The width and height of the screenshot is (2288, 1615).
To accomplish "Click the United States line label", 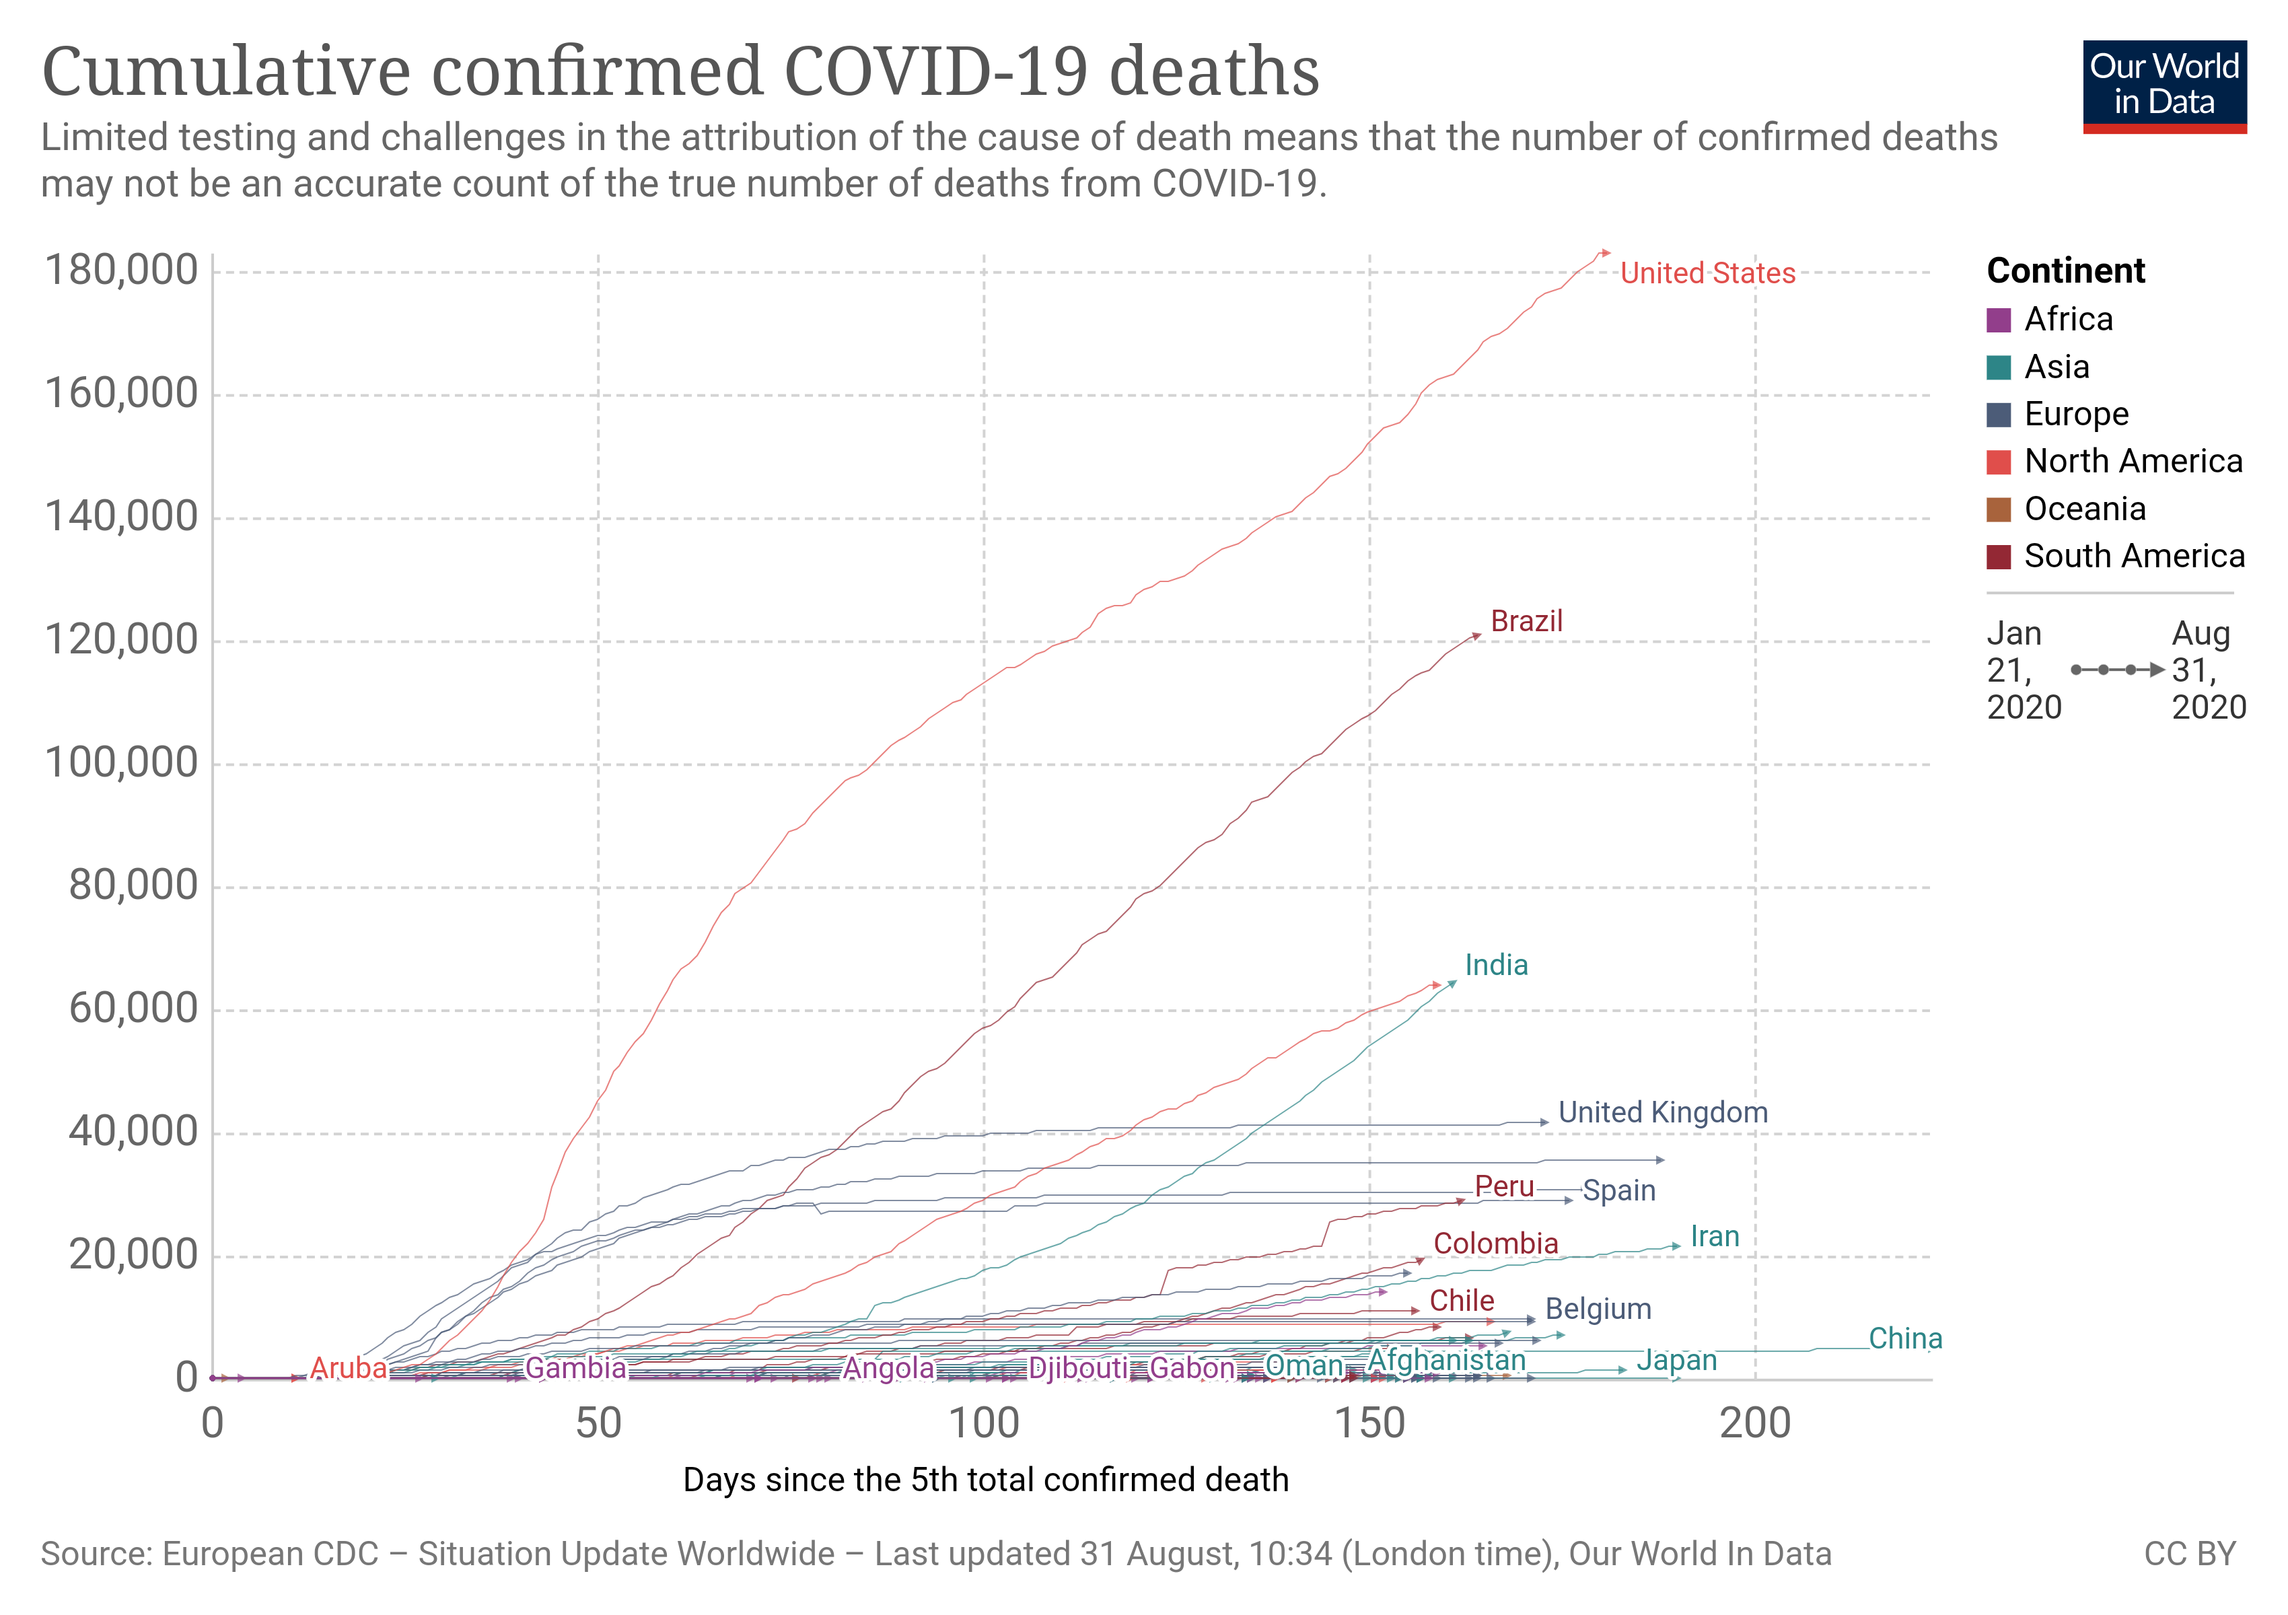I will pos(1707,274).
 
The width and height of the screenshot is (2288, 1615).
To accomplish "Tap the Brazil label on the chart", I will pos(1526,622).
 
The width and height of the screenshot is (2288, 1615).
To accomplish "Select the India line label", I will pos(1496,966).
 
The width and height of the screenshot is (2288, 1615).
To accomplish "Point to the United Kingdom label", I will pos(1662,1113).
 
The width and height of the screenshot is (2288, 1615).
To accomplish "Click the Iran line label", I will pos(1714,1237).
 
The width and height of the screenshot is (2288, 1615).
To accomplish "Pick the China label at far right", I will pos(1904,1339).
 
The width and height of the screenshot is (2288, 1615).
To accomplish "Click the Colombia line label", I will pos(1495,1244).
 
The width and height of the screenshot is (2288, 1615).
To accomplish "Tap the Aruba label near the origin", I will pos(348,1369).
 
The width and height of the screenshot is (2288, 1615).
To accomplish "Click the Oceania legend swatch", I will pos(1998,510).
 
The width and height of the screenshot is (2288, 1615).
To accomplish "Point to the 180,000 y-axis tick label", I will pos(122,271).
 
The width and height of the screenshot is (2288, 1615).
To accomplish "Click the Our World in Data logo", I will pos(2164,85).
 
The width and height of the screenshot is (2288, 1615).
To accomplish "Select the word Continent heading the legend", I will pos(2065,271).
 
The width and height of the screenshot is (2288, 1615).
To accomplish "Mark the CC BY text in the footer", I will pos(2189,1554).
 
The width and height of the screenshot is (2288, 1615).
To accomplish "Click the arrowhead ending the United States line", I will pos(1606,253).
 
